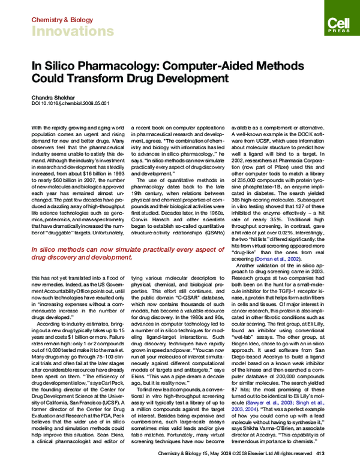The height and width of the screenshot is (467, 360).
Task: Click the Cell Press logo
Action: click(x=337, y=23)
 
